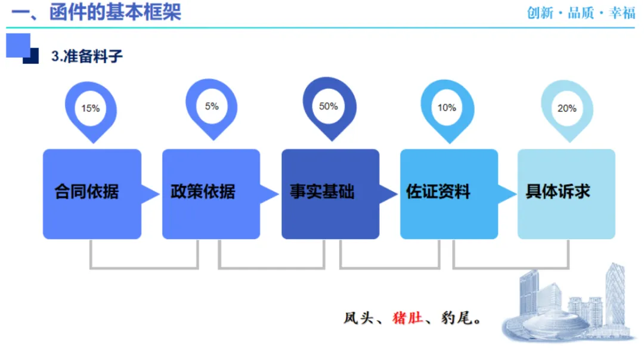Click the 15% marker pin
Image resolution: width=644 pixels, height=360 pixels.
point(91,110)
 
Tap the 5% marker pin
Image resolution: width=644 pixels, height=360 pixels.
point(212,108)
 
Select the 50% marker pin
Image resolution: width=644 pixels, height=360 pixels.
point(329,108)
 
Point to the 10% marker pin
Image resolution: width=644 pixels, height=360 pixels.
point(447,109)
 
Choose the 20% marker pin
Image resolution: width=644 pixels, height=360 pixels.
point(566,110)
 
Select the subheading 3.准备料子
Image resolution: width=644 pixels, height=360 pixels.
point(87,57)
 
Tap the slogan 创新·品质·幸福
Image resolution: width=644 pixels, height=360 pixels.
point(581,13)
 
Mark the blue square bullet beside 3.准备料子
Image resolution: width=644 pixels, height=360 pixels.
point(21,48)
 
